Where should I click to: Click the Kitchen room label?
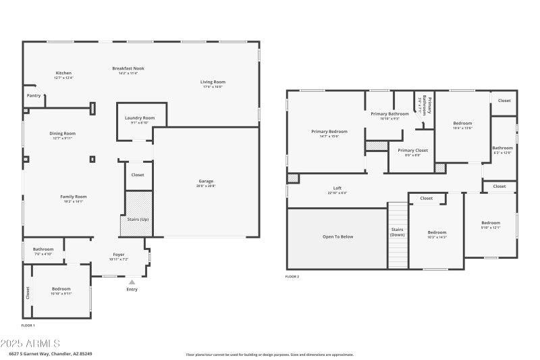[63, 73]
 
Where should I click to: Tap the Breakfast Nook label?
[128, 68]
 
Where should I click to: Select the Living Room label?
[212, 82]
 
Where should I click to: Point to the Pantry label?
[33, 96]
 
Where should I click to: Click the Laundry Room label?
[140, 118]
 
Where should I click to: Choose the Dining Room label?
[62, 134]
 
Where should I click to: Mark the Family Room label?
[75, 197]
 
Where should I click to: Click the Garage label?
[206, 181]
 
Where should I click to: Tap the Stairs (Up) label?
[138, 220]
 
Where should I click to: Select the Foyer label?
[118, 255]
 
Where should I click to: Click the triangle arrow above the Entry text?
[132, 282]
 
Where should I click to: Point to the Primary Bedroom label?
[329, 131]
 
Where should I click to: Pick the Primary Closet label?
[412, 151]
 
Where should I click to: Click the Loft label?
[337, 188]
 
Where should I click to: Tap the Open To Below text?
[337, 237]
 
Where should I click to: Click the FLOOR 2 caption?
[292, 277]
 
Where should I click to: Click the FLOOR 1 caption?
[28, 326]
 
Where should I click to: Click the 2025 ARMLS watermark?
[31, 344]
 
